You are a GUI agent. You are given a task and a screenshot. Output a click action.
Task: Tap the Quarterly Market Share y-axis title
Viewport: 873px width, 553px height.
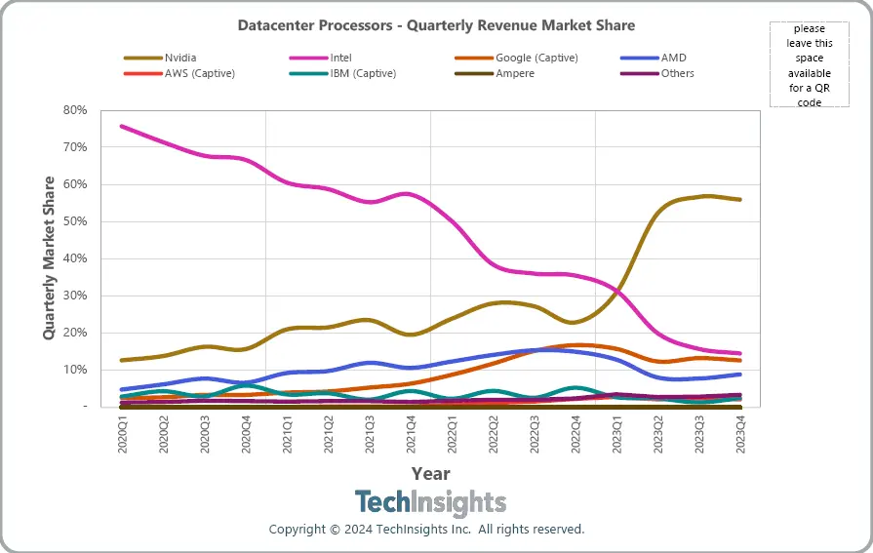pyautogui.click(x=49, y=258)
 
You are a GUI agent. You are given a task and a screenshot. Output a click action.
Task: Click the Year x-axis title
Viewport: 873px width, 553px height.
pyautogui.click(x=430, y=474)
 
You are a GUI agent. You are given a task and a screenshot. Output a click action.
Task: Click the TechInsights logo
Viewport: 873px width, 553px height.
pyautogui.click(x=430, y=503)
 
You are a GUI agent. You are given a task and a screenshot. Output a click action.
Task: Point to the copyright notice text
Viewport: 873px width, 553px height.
pyautogui.click(x=427, y=530)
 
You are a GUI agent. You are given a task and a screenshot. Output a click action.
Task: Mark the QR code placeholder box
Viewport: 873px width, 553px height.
pyautogui.click(x=808, y=64)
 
